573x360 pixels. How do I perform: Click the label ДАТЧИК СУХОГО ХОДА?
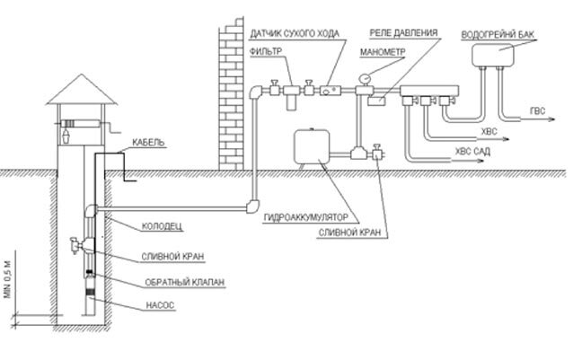pyautogui.click(x=295, y=34)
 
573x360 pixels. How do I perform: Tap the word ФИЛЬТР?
pyautogui.click(x=266, y=51)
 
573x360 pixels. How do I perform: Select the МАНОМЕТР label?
pyautogui.click(x=383, y=52)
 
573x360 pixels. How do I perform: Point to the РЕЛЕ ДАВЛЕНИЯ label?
pyautogui.click(x=403, y=33)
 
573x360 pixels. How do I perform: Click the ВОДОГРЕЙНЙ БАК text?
pyautogui.click(x=498, y=35)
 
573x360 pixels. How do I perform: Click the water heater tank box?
pyautogui.click(x=492, y=55)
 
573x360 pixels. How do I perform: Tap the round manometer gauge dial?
pyautogui.click(x=365, y=78)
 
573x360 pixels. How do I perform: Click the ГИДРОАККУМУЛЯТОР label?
pyautogui.click(x=306, y=217)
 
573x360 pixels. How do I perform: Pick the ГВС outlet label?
pyautogui.click(x=537, y=111)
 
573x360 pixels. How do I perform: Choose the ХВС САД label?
pyautogui.click(x=472, y=151)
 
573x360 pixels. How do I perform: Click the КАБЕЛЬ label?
pyautogui.click(x=148, y=143)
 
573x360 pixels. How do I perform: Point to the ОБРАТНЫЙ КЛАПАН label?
pyautogui.click(x=184, y=282)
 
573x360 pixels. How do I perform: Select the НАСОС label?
pyautogui.click(x=160, y=305)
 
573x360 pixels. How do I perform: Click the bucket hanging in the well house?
pyautogui.click(x=66, y=136)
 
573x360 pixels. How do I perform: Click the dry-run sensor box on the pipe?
pyautogui.click(x=331, y=90)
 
